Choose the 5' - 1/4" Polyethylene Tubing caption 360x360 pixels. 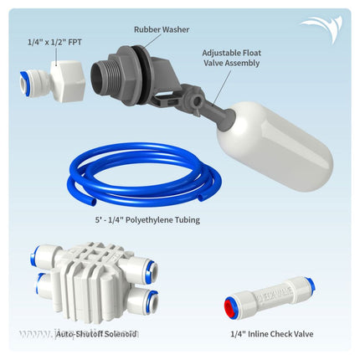[147, 220]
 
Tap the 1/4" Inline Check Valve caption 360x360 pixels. [272, 334]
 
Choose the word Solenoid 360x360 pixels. [120, 333]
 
